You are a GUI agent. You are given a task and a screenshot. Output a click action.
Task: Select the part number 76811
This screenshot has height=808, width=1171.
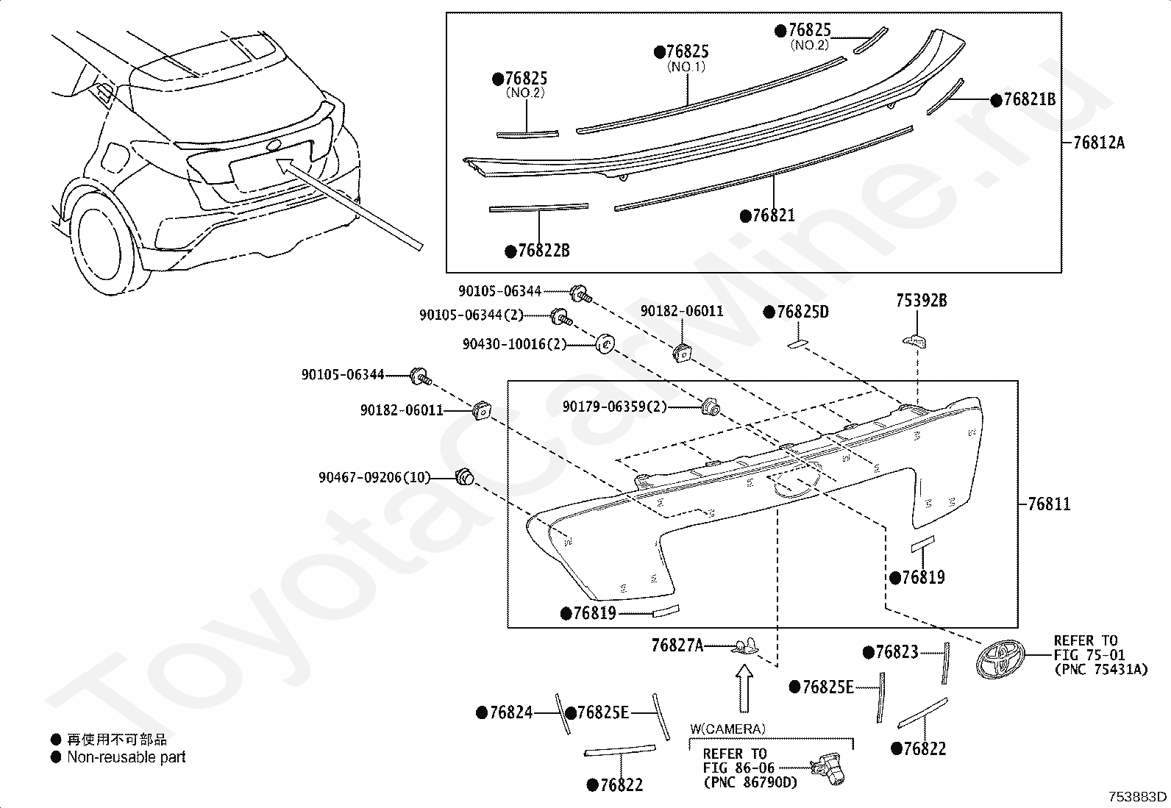(x=1049, y=504)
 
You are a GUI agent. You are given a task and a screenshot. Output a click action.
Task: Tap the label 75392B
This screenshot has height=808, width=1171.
(x=921, y=301)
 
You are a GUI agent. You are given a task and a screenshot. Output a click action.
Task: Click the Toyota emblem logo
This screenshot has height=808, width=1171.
(x=999, y=658)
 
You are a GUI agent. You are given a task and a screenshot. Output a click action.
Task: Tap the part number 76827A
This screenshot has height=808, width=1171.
(x=677, y=646)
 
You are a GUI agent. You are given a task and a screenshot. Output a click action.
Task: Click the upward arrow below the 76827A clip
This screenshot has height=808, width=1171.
(x=745, y=687)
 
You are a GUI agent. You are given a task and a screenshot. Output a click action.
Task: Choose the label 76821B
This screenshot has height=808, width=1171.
(x=1029, y=100)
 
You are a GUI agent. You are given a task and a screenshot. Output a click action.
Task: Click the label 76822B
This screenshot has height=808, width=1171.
(x=543, y=251)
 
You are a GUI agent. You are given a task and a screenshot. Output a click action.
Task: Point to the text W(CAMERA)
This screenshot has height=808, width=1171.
(x=727, y=729)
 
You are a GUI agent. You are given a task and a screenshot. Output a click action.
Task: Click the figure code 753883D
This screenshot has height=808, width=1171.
(x=1138, y=797)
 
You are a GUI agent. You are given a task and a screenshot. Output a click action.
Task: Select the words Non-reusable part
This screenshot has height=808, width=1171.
(x=126, y=757)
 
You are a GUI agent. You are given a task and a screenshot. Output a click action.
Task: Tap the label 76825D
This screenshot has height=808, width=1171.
(x=802, y=312)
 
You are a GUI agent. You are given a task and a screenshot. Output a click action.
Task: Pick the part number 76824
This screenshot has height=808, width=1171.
(x=510, y=712)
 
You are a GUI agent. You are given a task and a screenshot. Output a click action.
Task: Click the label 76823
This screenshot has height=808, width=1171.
(x=897, y=652)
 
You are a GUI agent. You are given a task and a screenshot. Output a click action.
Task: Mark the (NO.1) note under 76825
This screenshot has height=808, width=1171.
(x=686, y=67)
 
